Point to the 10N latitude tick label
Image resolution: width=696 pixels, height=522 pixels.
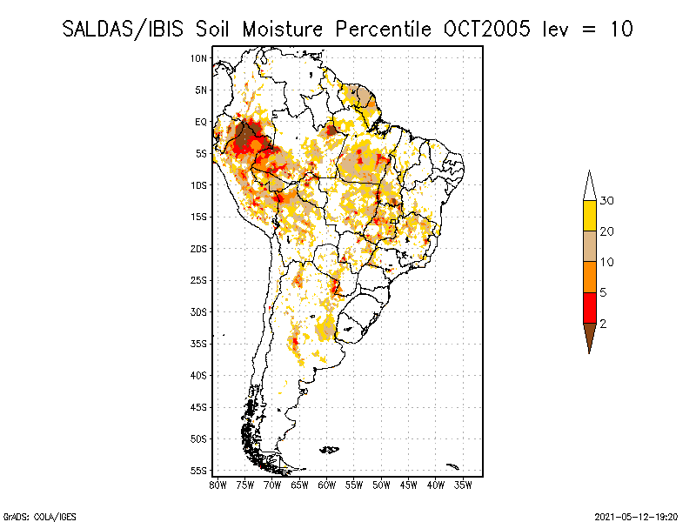coord(198,58)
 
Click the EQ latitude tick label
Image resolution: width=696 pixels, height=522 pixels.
coord(200,122)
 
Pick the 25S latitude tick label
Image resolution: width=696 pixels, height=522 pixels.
coord(198,280)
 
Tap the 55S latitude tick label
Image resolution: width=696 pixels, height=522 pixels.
coord(198,471)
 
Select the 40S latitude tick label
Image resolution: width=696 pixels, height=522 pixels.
coord(198,375)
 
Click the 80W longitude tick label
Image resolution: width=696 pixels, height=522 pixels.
coord(217,485)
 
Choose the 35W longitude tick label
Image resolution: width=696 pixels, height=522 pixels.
coord(464,485)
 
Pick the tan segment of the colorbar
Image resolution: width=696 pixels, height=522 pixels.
coord(589,246)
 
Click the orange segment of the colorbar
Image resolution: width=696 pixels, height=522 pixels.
coord(589,277)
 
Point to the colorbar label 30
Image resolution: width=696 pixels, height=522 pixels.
coord(607,201)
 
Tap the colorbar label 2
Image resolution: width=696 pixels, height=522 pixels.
coord(603,323)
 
